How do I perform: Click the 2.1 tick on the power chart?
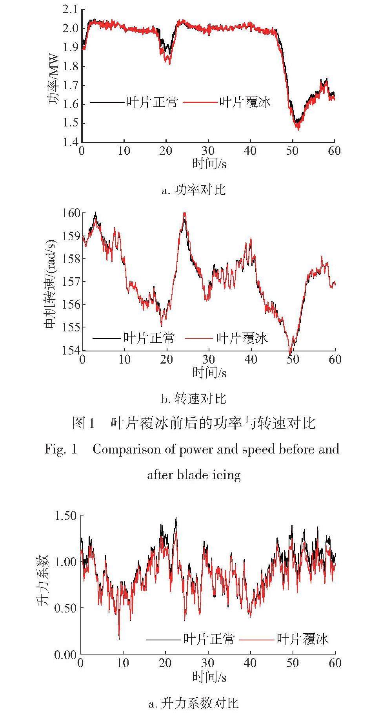coord(70,9)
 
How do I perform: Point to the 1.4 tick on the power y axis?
coord(70,142)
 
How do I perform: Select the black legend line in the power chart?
coord(107,102)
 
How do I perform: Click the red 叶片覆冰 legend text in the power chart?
coord(245,102)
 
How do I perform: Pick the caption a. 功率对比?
coord(193,190)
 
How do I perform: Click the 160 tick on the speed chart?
coord(71,213)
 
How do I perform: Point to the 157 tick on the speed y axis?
coord(71,282)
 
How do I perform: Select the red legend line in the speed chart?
coord(199,338)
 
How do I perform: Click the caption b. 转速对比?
coord(193,399)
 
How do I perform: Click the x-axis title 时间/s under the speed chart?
coord(209,372)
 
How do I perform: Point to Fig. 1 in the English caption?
coord(61,449)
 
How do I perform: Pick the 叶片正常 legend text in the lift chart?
coord(209,640)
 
